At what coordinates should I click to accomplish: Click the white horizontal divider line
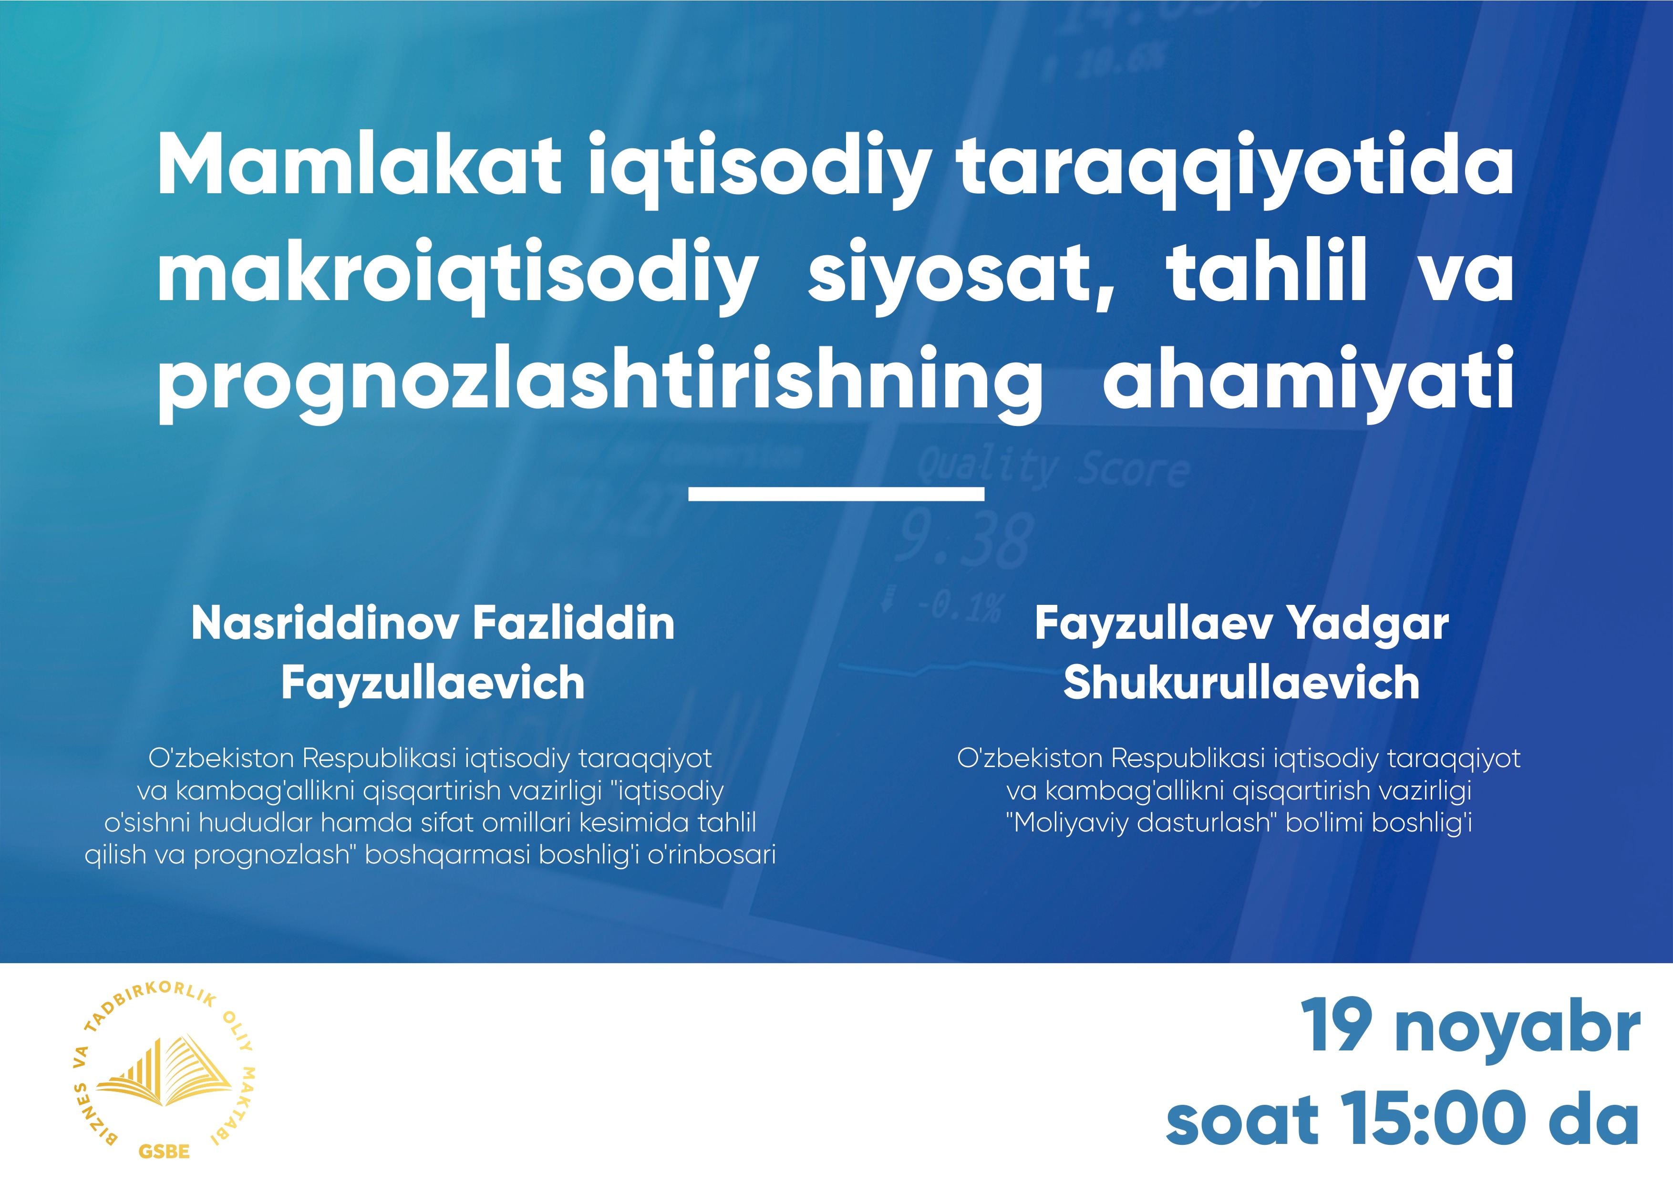pos(836,494)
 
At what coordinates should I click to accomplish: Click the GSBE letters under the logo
pos(164,1152)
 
